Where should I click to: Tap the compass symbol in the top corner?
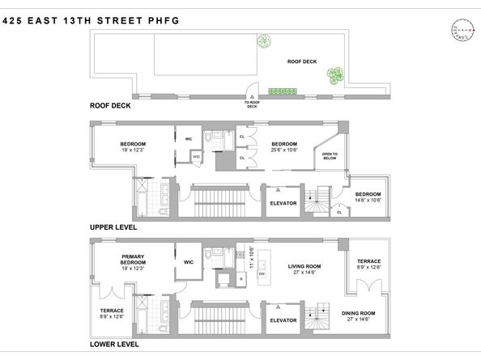[462, 29]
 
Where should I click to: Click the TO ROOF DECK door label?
[253, 104]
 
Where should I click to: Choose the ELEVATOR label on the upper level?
[283, 203]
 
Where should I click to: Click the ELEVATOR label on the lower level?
[283, 320]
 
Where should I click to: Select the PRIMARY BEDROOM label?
[133, 261]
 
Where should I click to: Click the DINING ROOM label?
[363, 313]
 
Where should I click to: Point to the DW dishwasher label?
[261, 273]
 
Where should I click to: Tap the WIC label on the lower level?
[189, 262]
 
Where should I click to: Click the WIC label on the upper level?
[188, 138]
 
